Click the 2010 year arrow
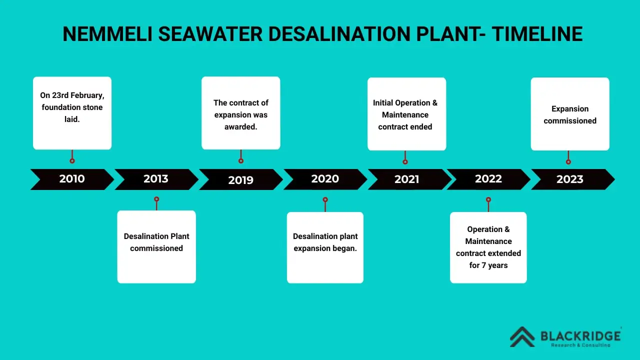72,179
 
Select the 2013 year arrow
156,179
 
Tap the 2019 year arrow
240,179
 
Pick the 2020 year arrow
325,179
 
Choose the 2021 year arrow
406,179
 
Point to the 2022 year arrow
488,179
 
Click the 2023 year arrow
570,179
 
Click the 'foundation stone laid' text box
72,113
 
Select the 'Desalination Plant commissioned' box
156,246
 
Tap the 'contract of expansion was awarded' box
241,113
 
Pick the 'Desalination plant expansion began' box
325,247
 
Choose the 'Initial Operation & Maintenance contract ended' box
406,114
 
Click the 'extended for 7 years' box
488,247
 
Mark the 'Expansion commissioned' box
570,114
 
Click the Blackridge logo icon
522,336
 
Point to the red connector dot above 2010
72,161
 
